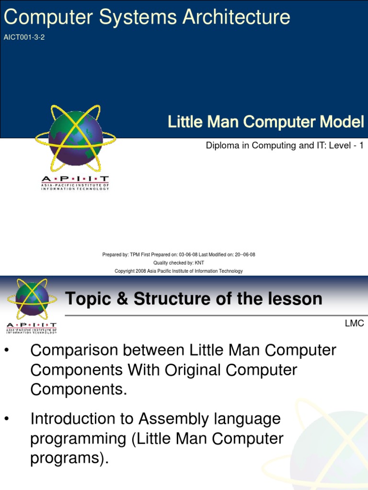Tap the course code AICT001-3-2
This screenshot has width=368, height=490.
click(24, 37)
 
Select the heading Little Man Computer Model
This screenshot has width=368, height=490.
click(266, 122)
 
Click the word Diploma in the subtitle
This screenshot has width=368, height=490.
click(222, 145)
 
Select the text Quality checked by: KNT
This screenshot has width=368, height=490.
click(178, 263)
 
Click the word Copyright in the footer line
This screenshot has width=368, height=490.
click(126, 271)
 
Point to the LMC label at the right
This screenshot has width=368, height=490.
click(354, 323)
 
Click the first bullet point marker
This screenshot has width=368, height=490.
click(7, 351)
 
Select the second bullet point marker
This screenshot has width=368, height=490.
click(7, 419)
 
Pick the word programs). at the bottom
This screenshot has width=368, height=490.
click(69, 458)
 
